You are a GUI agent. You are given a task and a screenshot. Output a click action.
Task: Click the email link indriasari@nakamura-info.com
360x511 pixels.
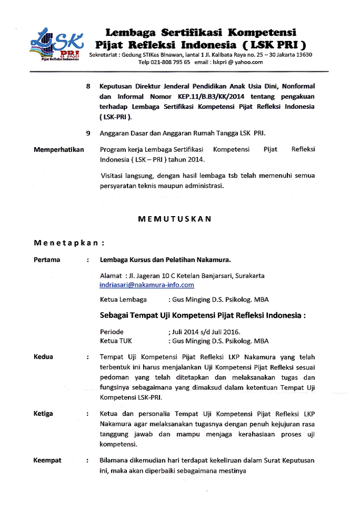[x=147, y=285]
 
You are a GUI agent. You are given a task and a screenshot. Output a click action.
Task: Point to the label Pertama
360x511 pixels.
[x=47, y=260]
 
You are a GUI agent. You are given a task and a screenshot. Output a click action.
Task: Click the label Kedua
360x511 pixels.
[x=43, y=357]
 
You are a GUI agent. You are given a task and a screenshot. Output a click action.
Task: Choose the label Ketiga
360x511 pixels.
[x=43, y=413]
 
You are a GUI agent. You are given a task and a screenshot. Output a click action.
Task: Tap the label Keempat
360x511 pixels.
[x=48, y=460]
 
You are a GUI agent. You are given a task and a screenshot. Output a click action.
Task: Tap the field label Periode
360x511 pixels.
[x=111, y=332]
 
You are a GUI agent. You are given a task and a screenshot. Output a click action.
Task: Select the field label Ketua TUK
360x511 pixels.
[x=116, y=341]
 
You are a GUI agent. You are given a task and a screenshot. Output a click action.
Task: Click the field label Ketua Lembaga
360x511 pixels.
[x=123, y=299]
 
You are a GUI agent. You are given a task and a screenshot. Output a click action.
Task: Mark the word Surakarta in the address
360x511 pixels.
[x=249, y=275]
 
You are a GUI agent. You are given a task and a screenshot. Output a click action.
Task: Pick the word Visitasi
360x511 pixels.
[x=114, y=176]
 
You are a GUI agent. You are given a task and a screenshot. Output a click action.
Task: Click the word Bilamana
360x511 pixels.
[x=116, y=460]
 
